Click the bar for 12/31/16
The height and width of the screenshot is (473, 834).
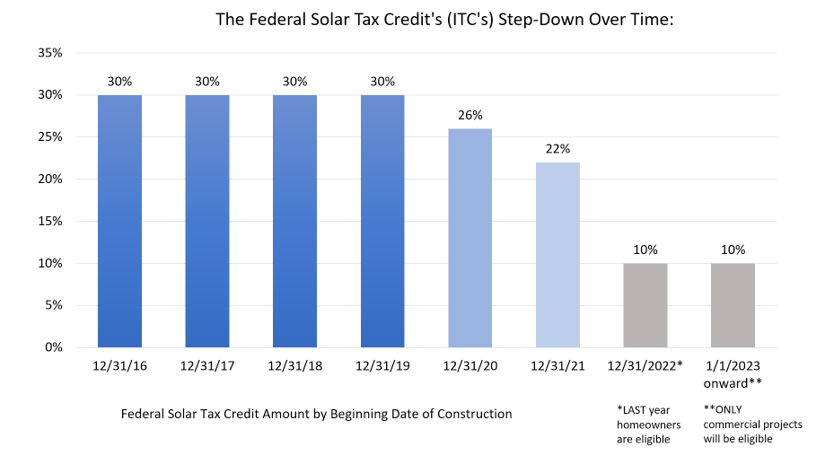[119, 221]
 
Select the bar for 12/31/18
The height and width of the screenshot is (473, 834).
[294, 221]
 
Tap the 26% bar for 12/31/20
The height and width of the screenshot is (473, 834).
[470, 238]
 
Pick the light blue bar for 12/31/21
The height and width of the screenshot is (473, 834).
[557, 255]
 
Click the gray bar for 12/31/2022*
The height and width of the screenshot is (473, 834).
[645, 305]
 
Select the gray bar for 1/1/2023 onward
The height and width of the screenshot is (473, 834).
[733, 305]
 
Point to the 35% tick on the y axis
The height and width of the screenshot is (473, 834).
[49, 53]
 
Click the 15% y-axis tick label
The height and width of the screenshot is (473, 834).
[49, 221]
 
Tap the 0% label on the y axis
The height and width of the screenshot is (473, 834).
[53, 347]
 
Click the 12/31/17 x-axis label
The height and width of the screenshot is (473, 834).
[207, 366]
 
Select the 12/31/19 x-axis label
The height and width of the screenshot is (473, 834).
[382, 366]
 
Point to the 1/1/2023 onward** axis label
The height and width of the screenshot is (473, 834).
[733, 374]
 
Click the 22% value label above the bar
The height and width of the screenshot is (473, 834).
[557, 148]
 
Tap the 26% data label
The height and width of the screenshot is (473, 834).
[470, 115]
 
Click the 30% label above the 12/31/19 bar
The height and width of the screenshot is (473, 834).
[382, 81]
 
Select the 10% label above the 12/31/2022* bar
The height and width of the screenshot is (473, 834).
[645, 250]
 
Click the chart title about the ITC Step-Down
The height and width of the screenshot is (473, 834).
[444, 19]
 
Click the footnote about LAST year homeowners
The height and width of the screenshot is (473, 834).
[645, 424]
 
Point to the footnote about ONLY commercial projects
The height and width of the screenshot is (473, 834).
[741, 424]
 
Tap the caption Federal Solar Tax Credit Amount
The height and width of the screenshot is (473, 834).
[316, 414]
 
